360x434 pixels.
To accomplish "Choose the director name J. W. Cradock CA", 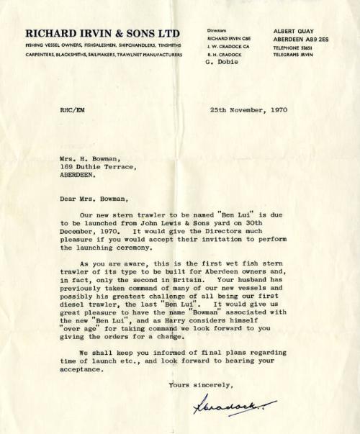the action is [x=228, y=46].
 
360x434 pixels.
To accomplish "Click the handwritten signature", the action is [x=225, y=407].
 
